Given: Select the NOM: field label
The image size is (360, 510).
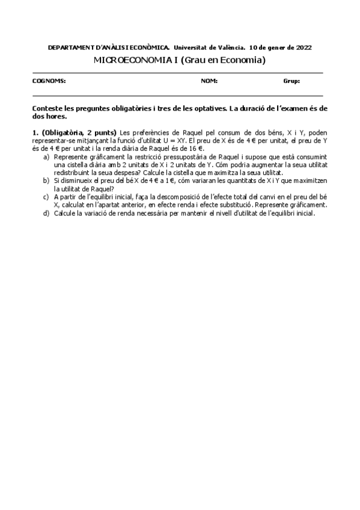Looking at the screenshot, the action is [x=209, y=81].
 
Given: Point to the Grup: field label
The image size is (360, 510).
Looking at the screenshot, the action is [x=291, y=81].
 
